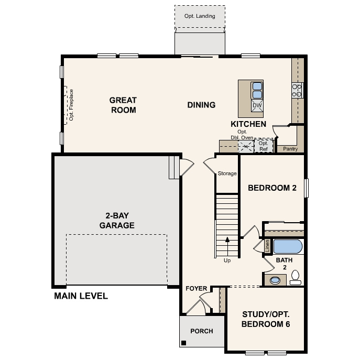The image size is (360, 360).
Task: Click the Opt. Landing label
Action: pyautogui.click(x=200, y=16)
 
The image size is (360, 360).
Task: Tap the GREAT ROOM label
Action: pyautogui.click(x=123, y=105)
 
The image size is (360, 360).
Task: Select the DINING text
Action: pyautogui.click(x=201, y=105)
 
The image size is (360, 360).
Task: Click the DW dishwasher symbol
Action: pyautogui.click(x=257, y=105)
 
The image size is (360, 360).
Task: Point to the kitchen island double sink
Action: pyautogui.click(x=257, y=90)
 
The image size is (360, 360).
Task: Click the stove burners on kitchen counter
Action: pyautogui.click(x=297, y=91)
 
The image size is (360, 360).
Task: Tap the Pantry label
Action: pyautogui.click(x=290, y=149)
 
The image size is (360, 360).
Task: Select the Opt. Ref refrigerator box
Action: pyautogui.click(x=263, y=146)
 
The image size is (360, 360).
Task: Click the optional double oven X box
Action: pyautogui.click(x=246, y=146)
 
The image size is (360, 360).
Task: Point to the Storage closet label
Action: pyautogui.click(x=227, y=173)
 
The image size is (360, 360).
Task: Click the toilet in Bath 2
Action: pyautogui.click(x=295, y=277)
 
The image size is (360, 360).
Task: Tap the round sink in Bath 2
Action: pyautogui.click(x=275, y=280)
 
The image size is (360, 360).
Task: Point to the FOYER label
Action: pyautogui.click(x=197, y=289)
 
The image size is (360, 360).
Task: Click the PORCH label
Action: pyautogui.click(x=201, y=331)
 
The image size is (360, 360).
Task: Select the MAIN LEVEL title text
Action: pyautogui.click(x=81, y=296)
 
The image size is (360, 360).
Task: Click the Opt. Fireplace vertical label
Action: pyautogui.click(x=71, y=105)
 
